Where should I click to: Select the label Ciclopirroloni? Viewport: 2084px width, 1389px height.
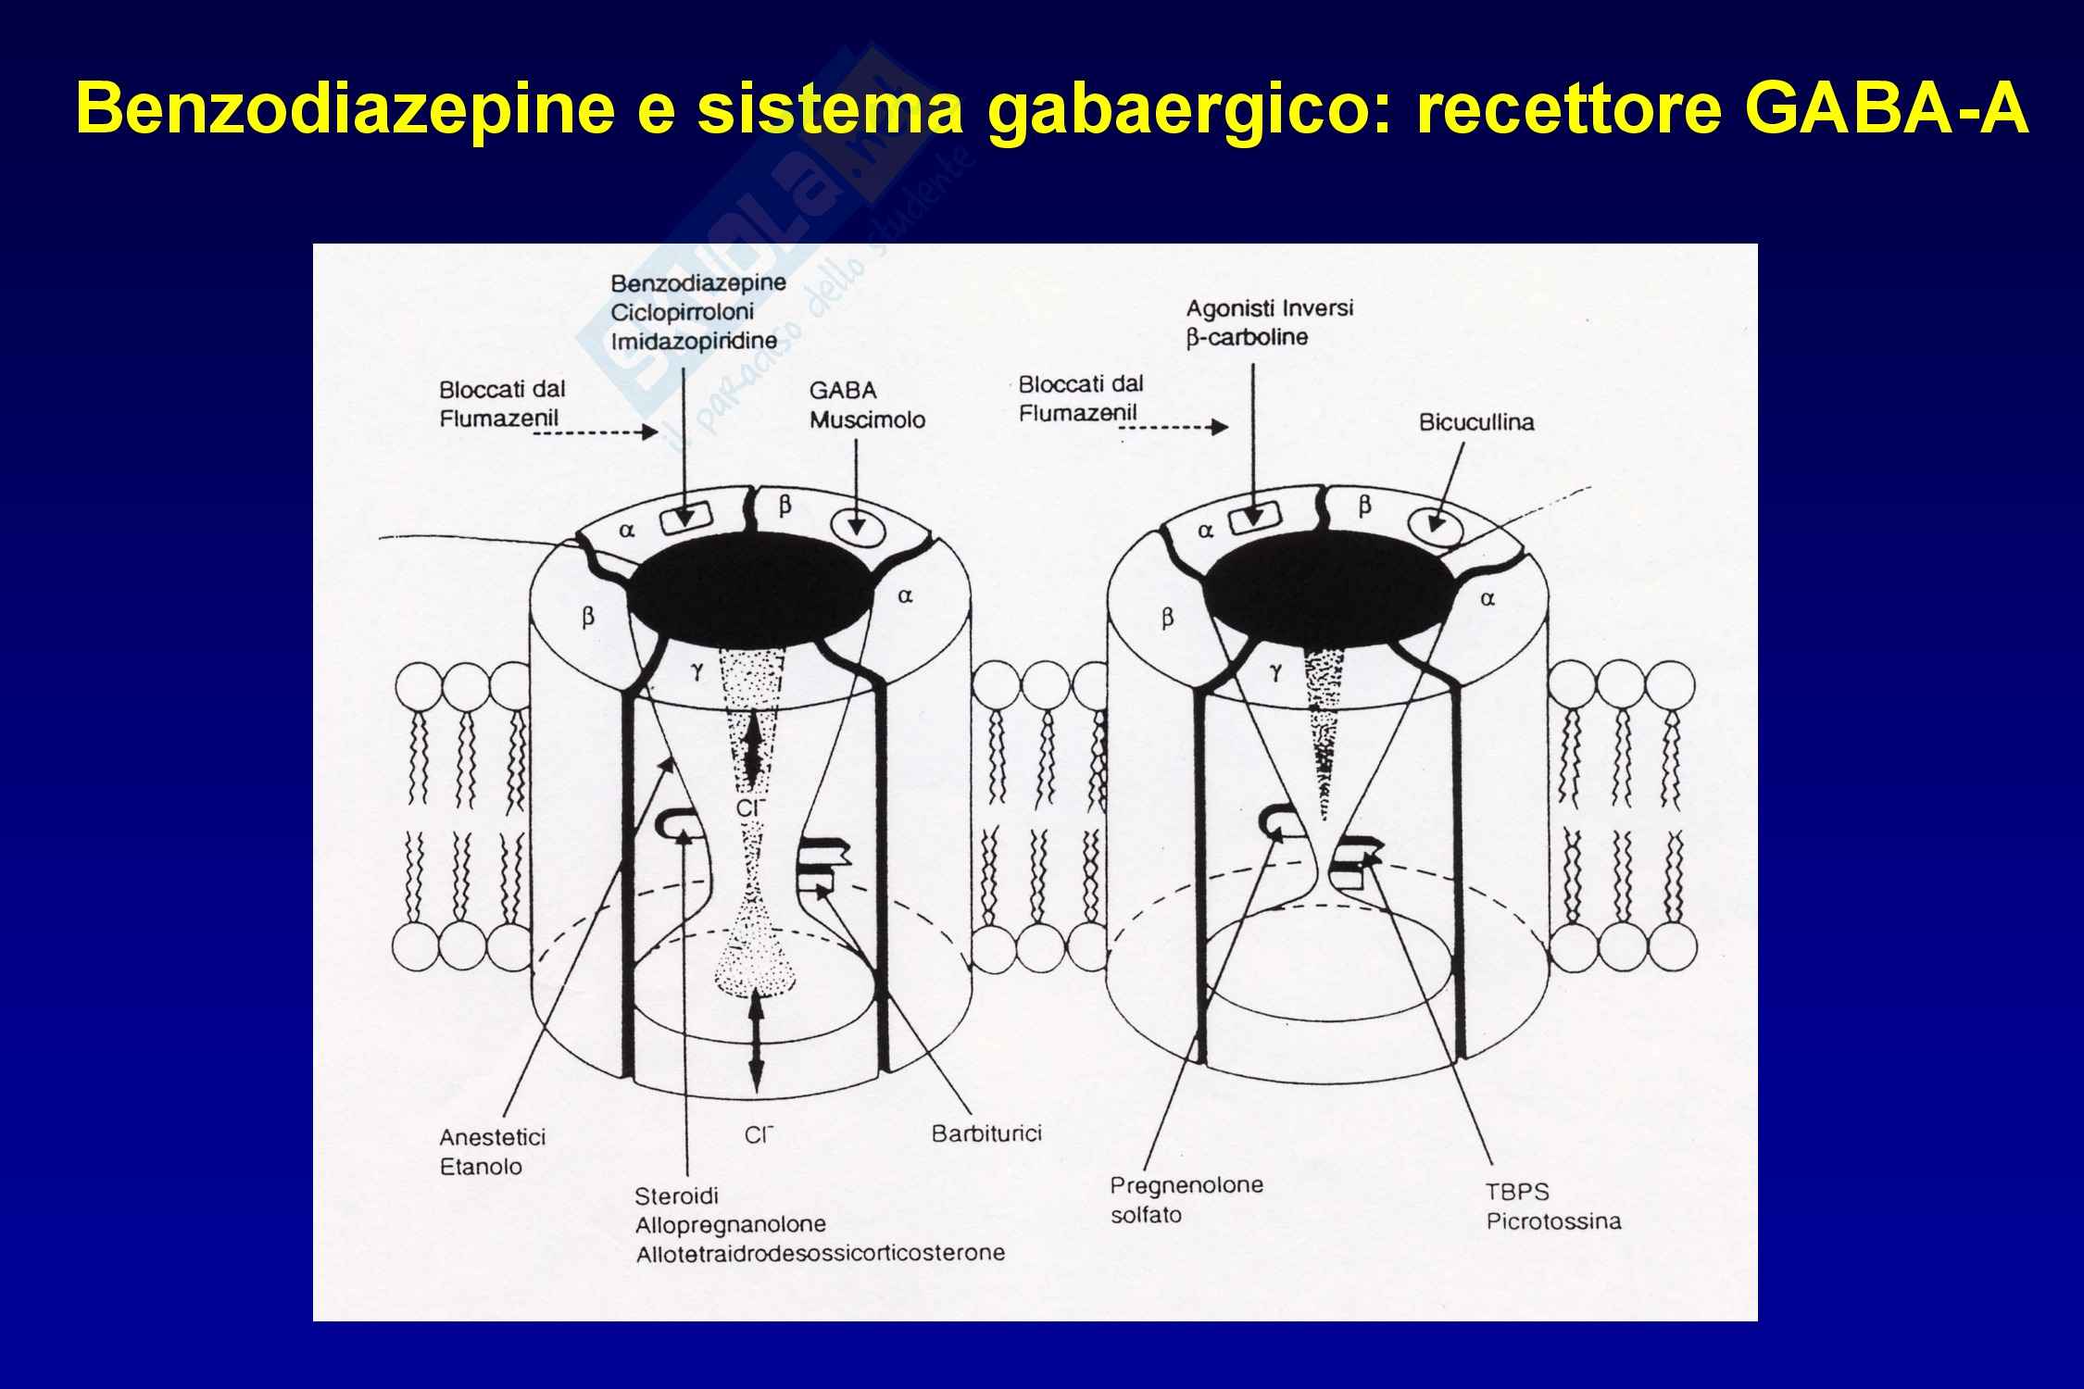pos(683,311)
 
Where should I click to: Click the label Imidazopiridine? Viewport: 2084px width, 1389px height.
pos(694,341)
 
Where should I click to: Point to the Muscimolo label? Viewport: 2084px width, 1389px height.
pos(867,419)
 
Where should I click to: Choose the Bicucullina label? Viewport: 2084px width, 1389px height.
pos(1476,422)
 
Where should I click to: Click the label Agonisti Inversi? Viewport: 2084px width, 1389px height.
pos(1270,308)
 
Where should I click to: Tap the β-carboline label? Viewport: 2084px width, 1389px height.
pos(1248,337)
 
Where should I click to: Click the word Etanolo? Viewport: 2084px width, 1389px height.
pos(481,1167)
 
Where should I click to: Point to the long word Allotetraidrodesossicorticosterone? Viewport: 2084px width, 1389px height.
pos(820,1254)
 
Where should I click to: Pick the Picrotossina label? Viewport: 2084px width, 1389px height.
pos(1553,1220)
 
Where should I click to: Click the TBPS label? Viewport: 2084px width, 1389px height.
pos(1517,1192)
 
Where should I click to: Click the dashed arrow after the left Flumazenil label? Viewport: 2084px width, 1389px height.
pos(611,432)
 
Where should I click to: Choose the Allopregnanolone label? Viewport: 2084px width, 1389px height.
pos(730,1224)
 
